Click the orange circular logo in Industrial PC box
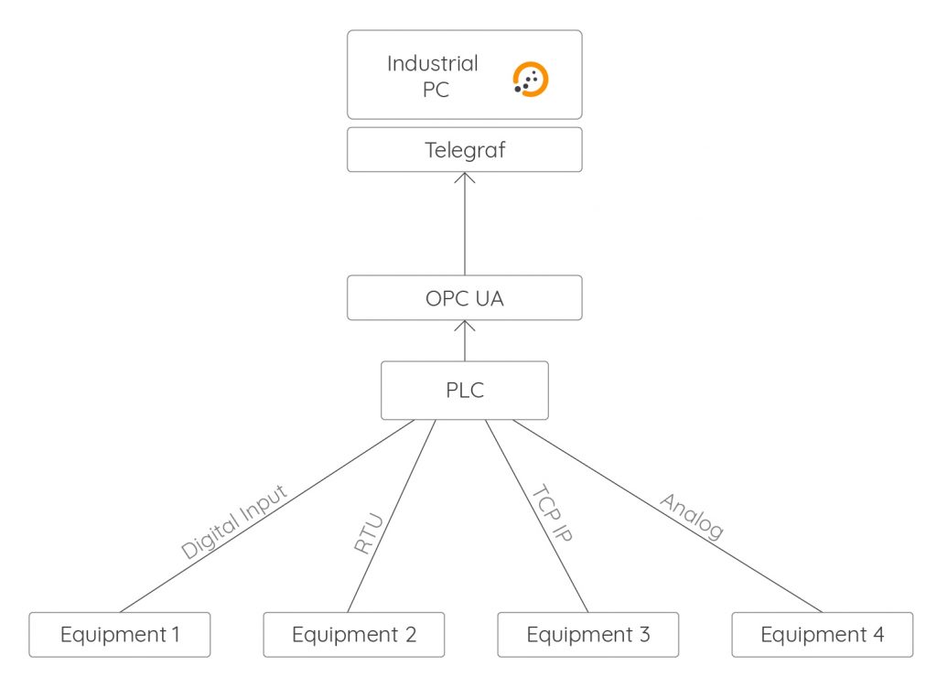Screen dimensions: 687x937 [531, 80]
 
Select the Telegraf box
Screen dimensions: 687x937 [464, 150]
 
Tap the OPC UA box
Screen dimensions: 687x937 [464, 298]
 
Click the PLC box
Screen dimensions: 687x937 [464, 391]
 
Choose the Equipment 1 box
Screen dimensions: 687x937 [120, 634]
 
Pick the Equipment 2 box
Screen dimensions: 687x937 [354, 634]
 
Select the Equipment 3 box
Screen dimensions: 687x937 [588, 634]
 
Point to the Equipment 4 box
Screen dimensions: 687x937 [823, 634]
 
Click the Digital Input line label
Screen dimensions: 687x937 [234, 521]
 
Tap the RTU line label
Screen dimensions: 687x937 [368, 534]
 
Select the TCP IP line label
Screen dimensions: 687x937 [552, 514]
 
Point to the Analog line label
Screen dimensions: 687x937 [693, 517]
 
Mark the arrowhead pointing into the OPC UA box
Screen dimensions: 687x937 [465, 327]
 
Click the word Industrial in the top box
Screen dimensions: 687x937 [432, 64]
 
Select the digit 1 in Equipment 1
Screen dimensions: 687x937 [176, 634]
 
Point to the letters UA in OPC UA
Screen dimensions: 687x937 [489, 298]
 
